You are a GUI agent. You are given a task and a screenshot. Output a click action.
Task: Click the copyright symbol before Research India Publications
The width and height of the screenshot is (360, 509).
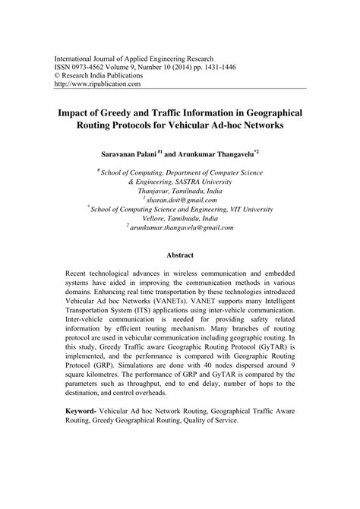coord(53,76)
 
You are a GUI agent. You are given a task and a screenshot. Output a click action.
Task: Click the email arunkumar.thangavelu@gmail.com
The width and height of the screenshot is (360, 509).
coord(182,226)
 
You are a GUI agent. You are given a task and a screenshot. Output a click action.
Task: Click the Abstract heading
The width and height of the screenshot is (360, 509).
coord(180,256)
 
